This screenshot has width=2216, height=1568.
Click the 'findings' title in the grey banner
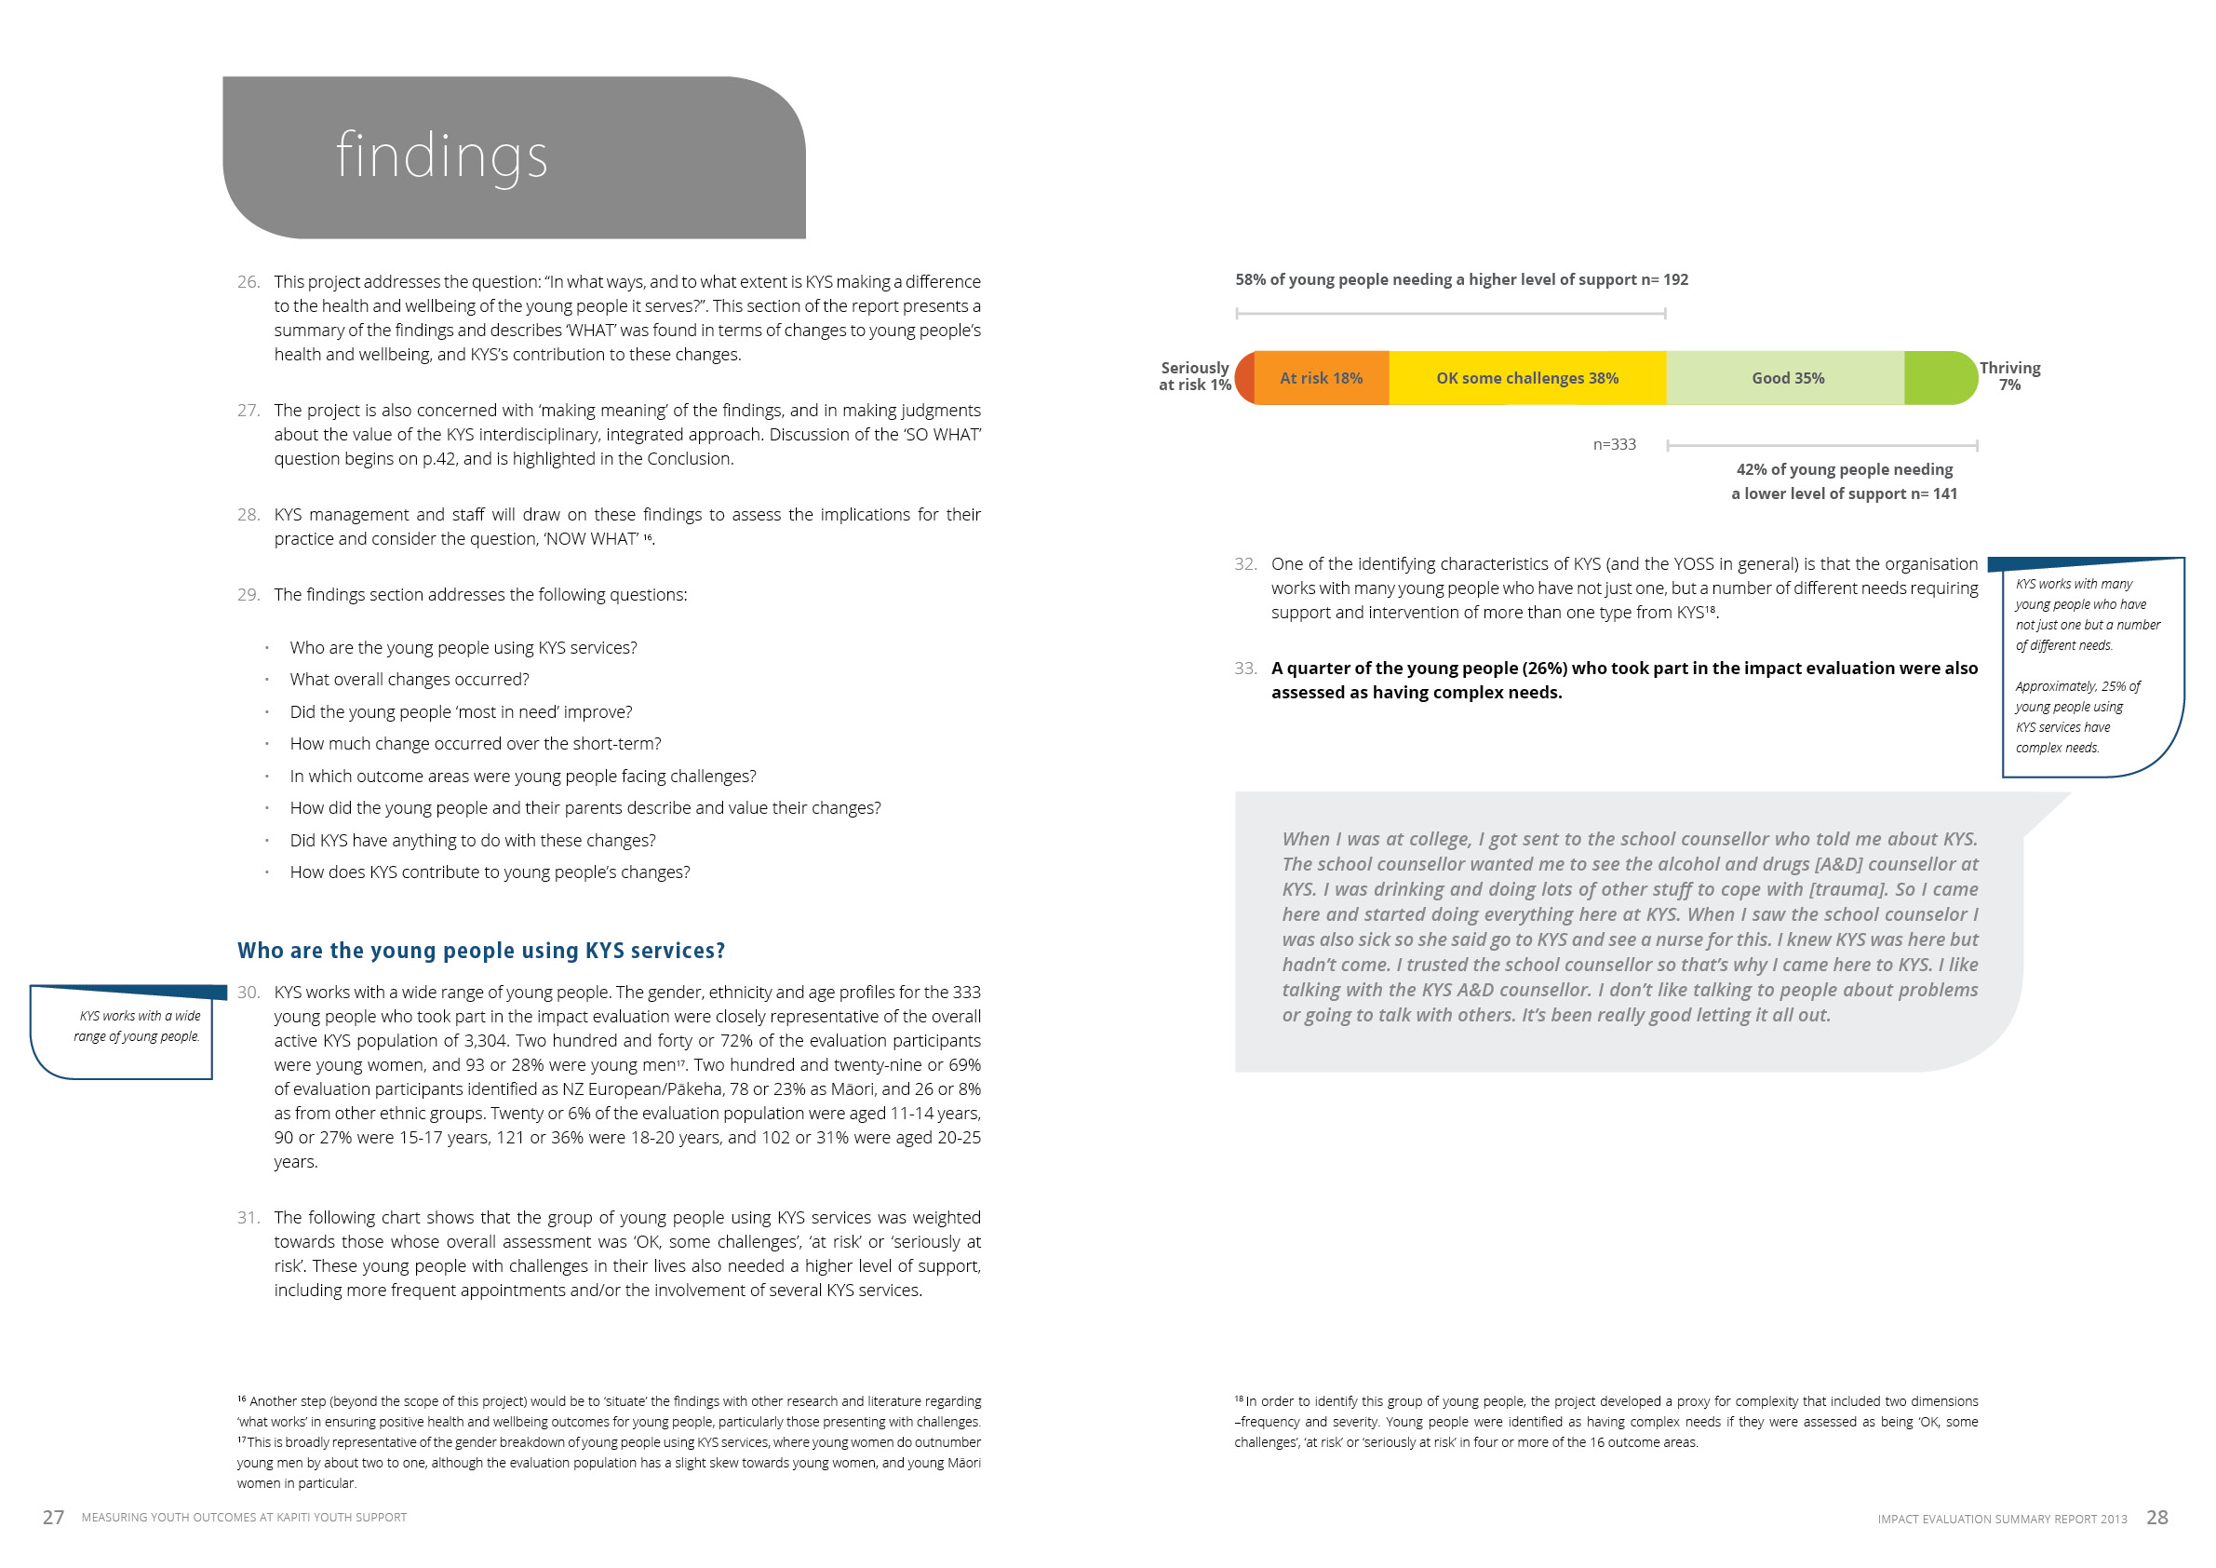pos(441,156)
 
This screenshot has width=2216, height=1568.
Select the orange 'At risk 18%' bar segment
pos(1321,378)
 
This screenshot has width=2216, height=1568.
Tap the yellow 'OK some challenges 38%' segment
pos(1527,378)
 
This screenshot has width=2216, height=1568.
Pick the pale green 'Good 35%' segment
pos(1788,378)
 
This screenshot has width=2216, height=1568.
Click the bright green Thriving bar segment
pos(1938,378)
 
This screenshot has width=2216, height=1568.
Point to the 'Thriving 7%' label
pos(2009,376)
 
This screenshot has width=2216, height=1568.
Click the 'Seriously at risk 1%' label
pos(1195,376)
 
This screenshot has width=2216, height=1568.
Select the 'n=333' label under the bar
pos(1614,445)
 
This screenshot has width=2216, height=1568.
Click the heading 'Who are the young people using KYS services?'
pos(480,951)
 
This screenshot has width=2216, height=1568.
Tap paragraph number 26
pos(248,282)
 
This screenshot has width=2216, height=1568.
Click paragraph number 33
pos(1245,669)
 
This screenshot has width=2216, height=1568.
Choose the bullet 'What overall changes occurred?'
pos(410,680)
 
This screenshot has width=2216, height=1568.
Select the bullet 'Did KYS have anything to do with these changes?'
pos(472,841)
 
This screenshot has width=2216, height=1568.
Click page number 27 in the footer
pos(53,1518)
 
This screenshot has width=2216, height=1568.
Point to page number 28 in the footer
pos(2157,1518)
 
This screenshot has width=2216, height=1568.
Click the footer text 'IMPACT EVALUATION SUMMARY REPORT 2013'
pos(2002,1520)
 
